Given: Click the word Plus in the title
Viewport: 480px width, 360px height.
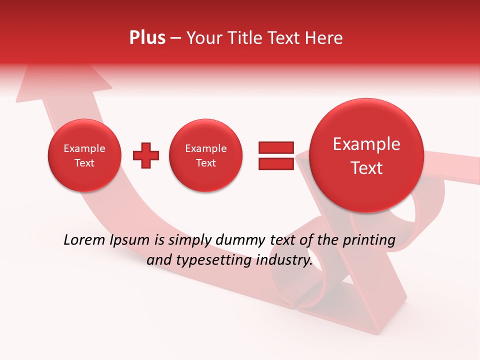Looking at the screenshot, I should coord(147,38).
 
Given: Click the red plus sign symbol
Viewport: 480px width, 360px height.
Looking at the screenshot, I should coord(146,155).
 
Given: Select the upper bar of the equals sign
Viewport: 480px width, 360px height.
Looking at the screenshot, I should coord(276,147).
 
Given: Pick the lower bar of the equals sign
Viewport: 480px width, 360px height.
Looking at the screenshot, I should coord(276,163).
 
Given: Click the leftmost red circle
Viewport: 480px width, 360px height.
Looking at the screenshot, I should coord(84,155).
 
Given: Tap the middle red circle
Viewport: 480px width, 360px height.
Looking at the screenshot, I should coord(205,155).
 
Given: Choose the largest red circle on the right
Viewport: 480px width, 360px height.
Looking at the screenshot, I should coord(366,155).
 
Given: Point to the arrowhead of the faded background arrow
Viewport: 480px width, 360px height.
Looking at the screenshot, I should coord(62,82).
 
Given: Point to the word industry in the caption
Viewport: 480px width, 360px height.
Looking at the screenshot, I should coord(284,260).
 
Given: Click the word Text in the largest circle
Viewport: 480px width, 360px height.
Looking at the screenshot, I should coord(366,168).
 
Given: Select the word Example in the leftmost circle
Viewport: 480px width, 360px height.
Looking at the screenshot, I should coord(84,148).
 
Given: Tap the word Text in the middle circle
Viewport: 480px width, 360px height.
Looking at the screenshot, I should coord(205,163).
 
